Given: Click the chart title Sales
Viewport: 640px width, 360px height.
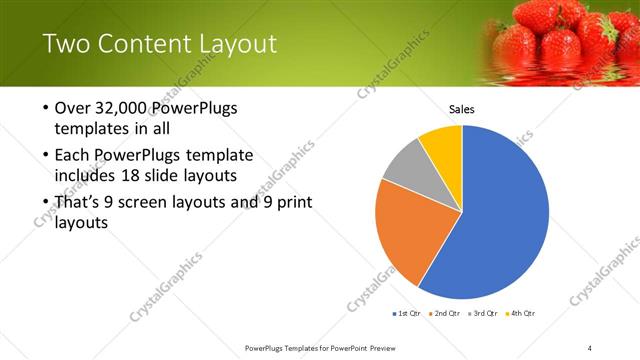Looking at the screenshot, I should [461, 109].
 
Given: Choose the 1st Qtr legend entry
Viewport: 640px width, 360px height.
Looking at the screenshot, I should [407, 313].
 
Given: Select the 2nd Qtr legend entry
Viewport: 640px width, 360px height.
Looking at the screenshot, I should [444, 313].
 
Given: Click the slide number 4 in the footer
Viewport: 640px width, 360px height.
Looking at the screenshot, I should [590, 347].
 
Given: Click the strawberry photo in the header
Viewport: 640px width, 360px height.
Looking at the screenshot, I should [560, 40].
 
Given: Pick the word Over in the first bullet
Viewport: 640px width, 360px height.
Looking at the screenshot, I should [73, 108].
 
